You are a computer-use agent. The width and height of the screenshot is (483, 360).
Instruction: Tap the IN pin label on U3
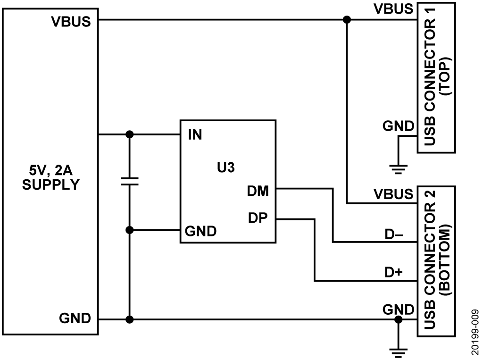click(195, 135)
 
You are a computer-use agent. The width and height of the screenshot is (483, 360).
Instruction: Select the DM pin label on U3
click(258, 191)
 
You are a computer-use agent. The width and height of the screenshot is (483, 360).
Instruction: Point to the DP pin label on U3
click(258, 218)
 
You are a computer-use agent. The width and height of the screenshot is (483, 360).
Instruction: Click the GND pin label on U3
click(200, 231)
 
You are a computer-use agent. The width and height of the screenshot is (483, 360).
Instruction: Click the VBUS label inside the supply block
click(71, 22)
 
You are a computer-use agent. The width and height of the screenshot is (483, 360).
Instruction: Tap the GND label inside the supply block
click(75, 318)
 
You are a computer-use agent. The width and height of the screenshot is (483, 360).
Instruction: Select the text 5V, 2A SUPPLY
click(51, 176)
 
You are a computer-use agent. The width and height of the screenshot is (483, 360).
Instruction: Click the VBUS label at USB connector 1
click(393, 9)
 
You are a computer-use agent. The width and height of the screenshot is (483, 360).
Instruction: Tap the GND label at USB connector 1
click(399, 127)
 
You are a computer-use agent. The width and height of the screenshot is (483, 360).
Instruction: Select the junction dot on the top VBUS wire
click(347, 20)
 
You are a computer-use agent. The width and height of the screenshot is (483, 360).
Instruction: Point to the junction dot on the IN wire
click(129, 134)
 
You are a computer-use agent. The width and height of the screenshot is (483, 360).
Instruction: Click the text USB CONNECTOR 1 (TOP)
click(436, 77)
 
